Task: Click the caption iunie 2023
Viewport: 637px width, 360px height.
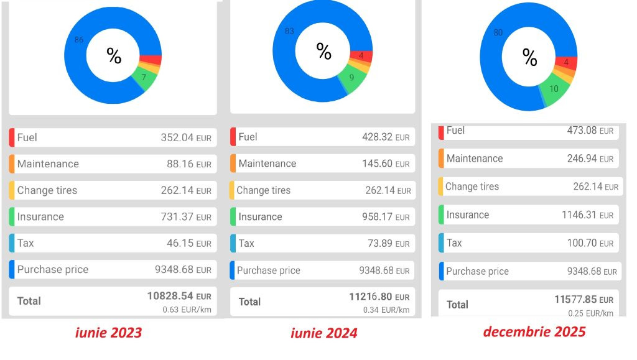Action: [108, 333]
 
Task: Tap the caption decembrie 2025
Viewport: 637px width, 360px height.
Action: [534, 331]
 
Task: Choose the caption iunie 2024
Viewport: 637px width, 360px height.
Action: [324, 333]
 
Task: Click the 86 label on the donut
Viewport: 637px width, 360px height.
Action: [79, 40]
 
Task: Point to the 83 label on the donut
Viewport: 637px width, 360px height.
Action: [289, 31]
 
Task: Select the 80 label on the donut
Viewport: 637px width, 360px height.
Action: [498, 32]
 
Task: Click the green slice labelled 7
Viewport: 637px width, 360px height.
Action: [144, 78]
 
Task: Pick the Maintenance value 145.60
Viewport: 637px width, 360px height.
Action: [386, 164]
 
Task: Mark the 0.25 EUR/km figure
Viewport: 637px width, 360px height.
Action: [590, 313]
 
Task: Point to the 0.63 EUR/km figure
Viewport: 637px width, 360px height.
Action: [187, 309]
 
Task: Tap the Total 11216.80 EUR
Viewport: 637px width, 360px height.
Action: [379, 297]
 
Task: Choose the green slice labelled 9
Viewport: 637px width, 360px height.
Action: [352, 79]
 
